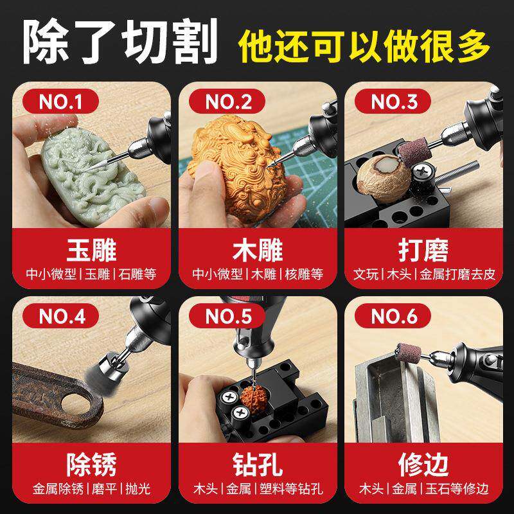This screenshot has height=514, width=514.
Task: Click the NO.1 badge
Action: point(61,101)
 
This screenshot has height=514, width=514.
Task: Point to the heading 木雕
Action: point(257,249)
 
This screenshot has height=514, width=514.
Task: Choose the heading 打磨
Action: point(423,249)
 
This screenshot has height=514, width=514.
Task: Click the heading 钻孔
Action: point(257,463)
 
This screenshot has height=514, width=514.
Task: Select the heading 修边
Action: point(423,463)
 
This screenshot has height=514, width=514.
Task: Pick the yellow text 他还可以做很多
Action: point(364,45)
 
